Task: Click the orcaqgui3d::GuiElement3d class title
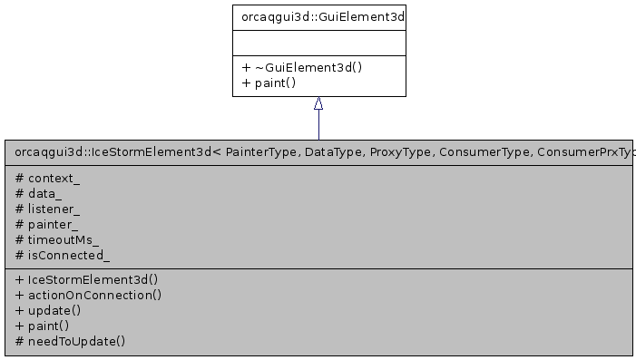pos(318,16)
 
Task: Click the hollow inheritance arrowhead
pos(318,104)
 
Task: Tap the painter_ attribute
pos(47,224)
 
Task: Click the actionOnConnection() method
pos(88,295)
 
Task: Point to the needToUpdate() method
pos(71,341)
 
